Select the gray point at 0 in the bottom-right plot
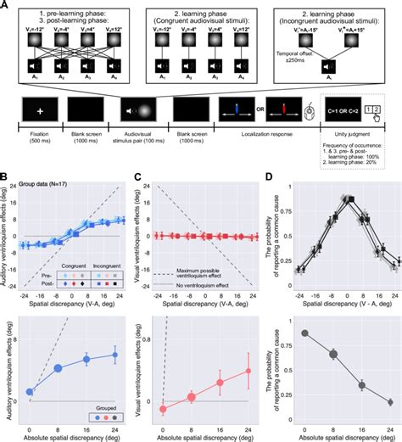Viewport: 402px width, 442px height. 304,333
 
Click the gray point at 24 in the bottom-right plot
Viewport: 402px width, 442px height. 389,402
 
